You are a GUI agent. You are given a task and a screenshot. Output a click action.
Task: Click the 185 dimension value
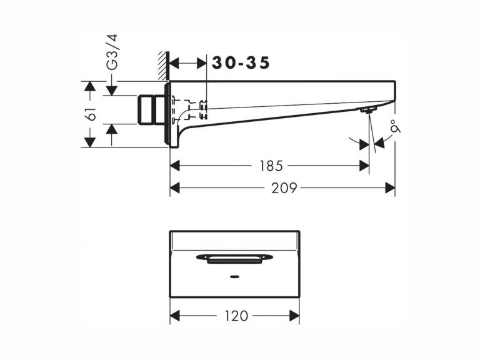pos(271,166)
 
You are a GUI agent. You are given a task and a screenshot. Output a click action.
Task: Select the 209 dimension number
pos(284,187)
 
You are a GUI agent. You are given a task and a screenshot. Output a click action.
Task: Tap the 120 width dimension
pos(236,316)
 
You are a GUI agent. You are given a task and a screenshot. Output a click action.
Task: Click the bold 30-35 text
pos(241,63)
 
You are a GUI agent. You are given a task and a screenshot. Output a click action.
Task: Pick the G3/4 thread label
pos(112,52)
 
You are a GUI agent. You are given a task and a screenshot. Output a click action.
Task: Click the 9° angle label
pos(396,127)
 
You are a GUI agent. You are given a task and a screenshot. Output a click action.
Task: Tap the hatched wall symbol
pos(164,66)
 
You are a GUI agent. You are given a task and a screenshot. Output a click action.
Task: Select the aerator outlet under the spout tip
pos(368,110)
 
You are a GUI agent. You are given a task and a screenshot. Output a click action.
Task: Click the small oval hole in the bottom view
pos(234,277)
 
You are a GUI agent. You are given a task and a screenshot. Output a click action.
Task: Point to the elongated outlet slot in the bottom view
pos(234,258)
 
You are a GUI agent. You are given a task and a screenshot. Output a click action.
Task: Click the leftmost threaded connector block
pos(146,110)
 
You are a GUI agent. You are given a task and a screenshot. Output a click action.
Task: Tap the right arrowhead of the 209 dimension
pos(390,187)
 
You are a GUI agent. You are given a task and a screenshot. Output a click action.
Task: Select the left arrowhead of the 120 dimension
pos(175,316)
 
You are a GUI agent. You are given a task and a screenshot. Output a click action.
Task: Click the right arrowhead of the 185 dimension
pos(364,166)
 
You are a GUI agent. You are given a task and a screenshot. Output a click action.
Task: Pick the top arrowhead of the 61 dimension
pos(89,87)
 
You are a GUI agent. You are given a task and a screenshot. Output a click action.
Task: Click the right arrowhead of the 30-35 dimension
pos(201,64)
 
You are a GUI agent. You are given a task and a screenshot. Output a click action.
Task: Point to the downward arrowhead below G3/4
pos(112,91)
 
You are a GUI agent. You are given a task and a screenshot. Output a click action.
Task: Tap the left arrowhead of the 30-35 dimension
pos(174,64)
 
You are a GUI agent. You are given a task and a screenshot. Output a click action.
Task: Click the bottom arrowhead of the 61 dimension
pos(89,142)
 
